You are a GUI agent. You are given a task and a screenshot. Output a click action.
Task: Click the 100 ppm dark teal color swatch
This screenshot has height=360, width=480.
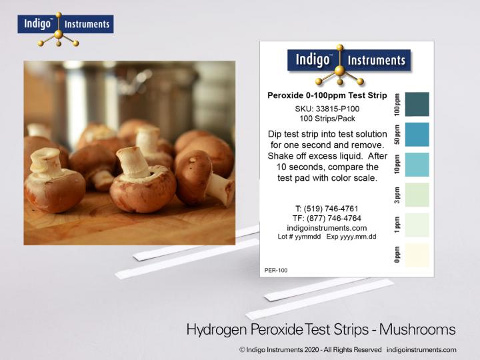(x=417, y=105)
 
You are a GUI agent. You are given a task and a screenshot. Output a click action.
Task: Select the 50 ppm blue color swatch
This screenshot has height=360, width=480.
(x=417, y=135)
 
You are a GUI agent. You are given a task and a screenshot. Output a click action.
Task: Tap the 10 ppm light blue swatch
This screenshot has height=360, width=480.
(x=417, y=165)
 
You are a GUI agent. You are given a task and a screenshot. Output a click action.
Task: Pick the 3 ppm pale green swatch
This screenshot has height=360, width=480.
(x=417, y=195)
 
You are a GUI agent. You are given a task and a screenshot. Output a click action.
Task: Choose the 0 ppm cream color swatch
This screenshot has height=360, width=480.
(x=417, y=255)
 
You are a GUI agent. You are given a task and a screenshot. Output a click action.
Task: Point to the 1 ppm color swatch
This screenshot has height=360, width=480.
(x=417, y=225)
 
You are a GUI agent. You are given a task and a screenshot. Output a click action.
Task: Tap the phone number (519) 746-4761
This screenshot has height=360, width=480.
(x=327, y=209)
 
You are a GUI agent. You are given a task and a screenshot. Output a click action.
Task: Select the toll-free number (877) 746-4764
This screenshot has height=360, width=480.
(x=327, y=218)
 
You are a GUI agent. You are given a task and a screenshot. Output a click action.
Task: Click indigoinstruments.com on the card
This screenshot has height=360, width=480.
(x=327, y=227)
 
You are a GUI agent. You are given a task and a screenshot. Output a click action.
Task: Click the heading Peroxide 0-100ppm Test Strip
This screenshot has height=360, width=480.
(x=327, y=95)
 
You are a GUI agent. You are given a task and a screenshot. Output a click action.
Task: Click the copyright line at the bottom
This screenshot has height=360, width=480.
(x=347, y=349)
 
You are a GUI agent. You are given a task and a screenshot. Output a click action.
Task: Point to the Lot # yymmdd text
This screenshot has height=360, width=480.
(x=299, y=237)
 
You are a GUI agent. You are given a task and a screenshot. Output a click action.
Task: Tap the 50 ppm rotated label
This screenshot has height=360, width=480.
(x=398, y=135)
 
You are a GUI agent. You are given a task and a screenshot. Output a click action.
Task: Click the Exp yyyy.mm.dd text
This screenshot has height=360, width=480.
(x=351, y=237)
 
